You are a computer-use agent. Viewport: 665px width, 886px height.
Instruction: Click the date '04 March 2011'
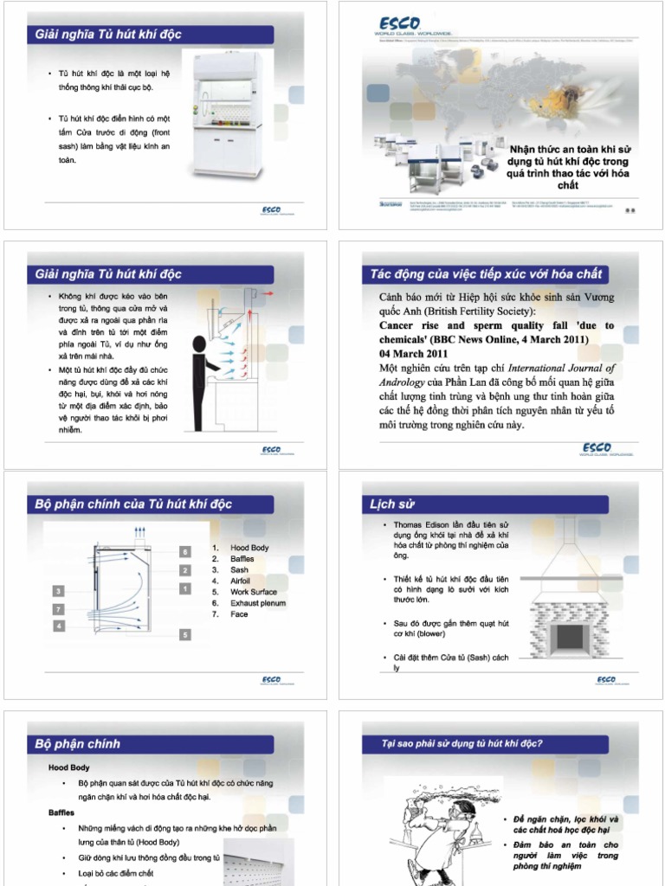pos(414,353)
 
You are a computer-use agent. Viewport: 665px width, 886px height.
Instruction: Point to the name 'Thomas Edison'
pos(421,525)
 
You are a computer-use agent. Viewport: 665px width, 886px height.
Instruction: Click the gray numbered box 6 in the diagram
pos(184,551)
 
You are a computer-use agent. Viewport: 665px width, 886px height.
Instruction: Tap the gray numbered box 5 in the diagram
pos(184,634)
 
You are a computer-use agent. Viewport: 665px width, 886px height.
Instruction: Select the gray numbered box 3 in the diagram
pos(59,591)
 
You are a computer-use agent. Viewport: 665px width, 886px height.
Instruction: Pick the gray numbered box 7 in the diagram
pos(59,609)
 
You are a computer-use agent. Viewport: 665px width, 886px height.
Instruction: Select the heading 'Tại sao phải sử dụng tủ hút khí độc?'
pos(462,743)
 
